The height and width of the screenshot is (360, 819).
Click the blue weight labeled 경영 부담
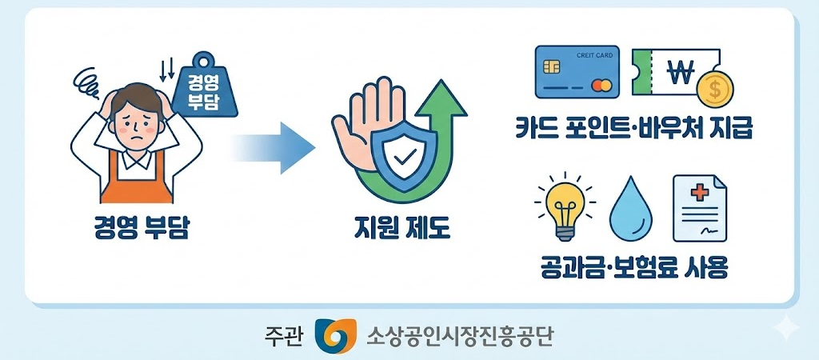click(x=206, y=89)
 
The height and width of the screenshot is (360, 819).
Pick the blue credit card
click(x=577, y=71)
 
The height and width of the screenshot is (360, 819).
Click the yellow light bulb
click(x=563, y=203)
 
